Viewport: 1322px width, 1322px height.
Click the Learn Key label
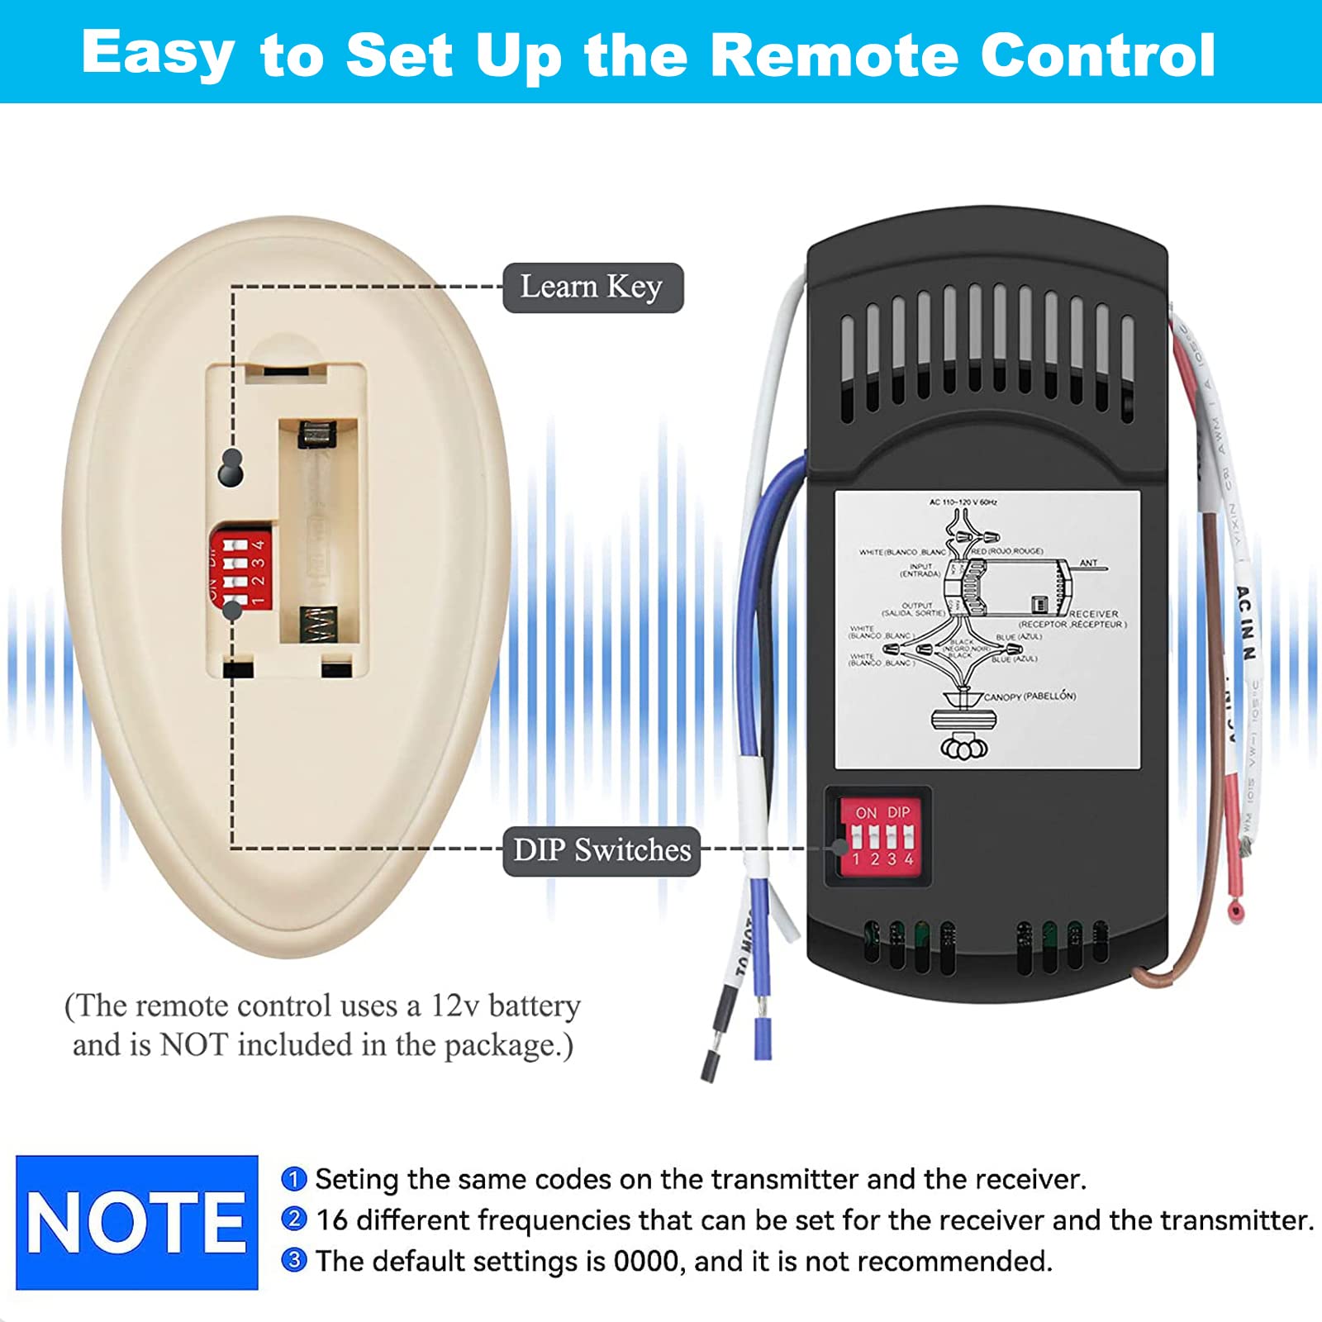tap(592, 288)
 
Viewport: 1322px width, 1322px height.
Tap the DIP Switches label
tap(602, 850)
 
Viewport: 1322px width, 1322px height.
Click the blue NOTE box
tap(137, 1222)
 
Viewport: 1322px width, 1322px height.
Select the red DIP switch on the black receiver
tap(880, 836)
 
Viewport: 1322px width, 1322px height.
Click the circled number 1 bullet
tap(294, 1178)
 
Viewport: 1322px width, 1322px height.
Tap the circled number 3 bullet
tap(294, 1261)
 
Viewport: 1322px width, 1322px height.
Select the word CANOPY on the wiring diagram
tap(1002, 697)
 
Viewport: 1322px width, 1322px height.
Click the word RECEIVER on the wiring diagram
tap(1093, 614)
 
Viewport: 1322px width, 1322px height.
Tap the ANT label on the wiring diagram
tap(1088, 563)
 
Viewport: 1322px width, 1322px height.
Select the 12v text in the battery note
tap(454, 1006)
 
